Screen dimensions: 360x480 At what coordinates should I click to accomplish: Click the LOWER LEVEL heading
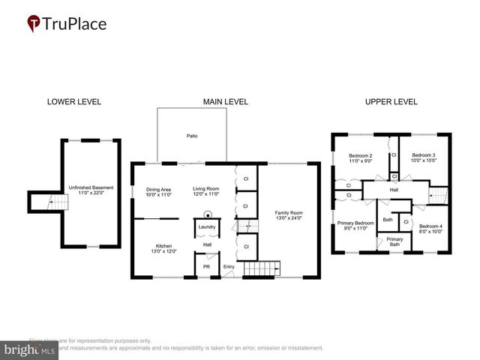point(73,102)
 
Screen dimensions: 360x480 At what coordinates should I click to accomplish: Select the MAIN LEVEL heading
point(225,102)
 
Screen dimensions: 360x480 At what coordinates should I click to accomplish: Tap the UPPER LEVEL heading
point(391,102)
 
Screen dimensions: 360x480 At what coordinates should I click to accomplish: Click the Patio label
point(193,136)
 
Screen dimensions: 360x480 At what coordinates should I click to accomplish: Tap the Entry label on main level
point(228,266)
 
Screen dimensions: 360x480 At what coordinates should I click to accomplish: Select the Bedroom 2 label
point(360,157)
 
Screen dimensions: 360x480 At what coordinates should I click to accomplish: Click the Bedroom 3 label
point(424,157)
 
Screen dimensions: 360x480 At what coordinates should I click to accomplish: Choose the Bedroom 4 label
point(430,229)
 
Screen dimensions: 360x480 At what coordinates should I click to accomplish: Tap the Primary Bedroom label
point(355,226)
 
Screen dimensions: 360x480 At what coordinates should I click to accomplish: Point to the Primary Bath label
point(394,242)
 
